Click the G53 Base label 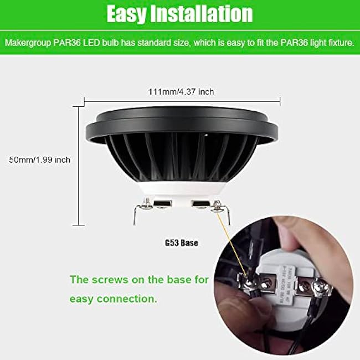pyautogui.click(x=182, y=243)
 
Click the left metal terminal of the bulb pyautogui.click(x=141, y=210)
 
